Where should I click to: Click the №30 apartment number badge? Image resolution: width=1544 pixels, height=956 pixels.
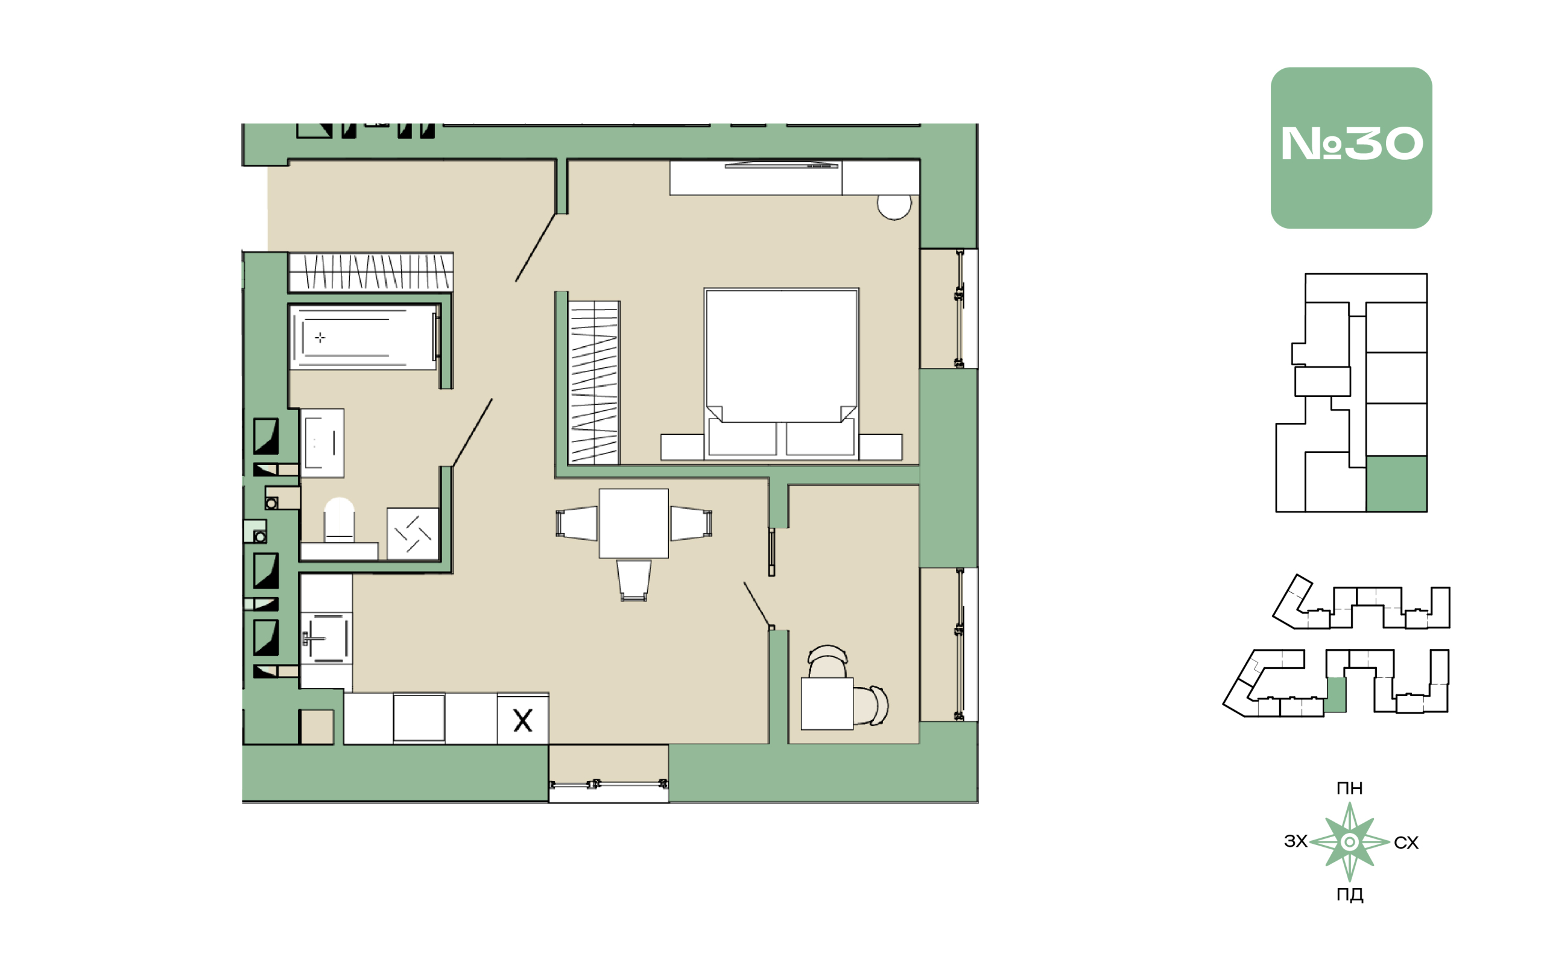pos(1350,148)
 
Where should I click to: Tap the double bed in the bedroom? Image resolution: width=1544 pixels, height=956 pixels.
pos(781,373)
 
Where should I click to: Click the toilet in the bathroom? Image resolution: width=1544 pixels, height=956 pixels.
pos(339,520)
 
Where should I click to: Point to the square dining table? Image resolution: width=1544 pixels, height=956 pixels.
pos(633,523)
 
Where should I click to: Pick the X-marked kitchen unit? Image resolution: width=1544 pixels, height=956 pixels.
pos(522,720)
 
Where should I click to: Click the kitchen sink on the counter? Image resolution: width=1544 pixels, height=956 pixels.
pos(326,638)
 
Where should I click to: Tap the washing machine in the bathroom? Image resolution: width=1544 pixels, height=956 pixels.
pos(413,534)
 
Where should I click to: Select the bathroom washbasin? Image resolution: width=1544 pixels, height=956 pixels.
pos(322,443)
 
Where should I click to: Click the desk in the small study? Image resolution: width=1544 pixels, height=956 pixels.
pos(827,704)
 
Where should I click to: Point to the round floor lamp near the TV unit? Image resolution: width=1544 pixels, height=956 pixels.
pos(894,207)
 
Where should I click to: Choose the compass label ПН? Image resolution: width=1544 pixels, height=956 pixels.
pos(1349,788)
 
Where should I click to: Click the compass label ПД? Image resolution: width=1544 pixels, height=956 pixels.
pos(1349,894)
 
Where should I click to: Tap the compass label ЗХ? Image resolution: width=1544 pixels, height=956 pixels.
pos(1296,841)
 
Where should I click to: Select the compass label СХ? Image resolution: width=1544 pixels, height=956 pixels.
pos(1406,843)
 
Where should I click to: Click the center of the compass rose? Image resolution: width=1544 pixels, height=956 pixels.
pos(1349,842)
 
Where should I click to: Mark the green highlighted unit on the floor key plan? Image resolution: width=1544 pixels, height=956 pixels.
pos(1396,484)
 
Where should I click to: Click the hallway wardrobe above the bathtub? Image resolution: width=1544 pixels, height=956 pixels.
pos(370,272)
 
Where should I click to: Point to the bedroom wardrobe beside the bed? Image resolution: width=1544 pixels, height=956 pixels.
pos(593,382)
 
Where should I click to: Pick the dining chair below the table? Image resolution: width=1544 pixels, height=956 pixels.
pos(633,580)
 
